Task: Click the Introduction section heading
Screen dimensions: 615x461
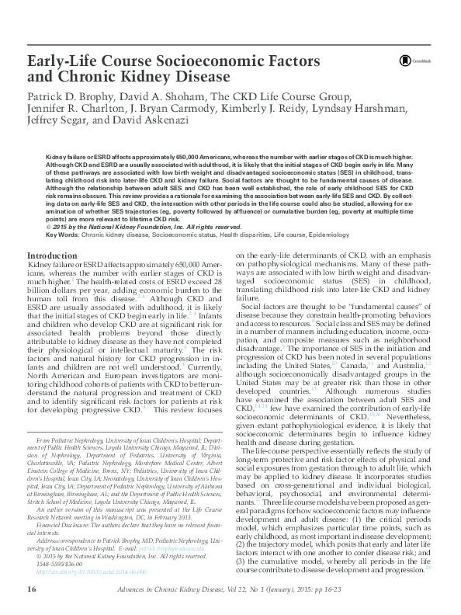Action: [x=57, y=255]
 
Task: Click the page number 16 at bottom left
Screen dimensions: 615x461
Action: [x=32, y=589]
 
